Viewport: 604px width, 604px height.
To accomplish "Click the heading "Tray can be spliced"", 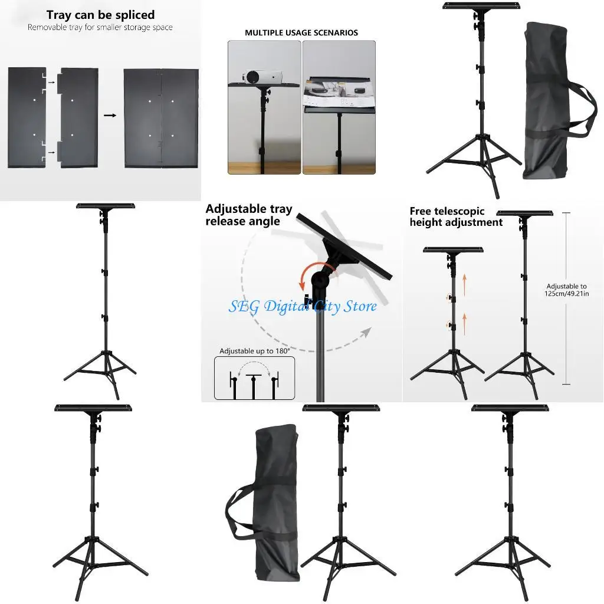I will pyautogui.click(x=100, y=15).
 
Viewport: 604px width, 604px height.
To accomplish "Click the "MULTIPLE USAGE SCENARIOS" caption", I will pyautogui.click(x=301, y=33).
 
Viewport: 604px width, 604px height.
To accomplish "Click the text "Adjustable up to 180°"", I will pyautogui.click(x=254, y=351).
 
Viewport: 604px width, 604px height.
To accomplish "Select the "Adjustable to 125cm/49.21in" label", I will pyautogui.click(x=566, y=289).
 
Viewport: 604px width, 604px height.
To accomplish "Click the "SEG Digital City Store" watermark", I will pyautogui.click(x=303, y=307).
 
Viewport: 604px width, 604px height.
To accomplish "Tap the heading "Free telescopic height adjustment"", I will pyautogui.click(x=456, y=216).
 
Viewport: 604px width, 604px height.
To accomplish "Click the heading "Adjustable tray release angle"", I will pyautogui.click(x=248, y=215).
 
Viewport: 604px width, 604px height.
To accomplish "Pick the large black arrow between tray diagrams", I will pyautogui.click(x=110, y=116).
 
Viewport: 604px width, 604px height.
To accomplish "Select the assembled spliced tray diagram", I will pyautogui.click(x=160, y=118).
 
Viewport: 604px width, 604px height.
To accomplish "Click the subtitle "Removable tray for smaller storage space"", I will pyautogui.click(x=100, y=28).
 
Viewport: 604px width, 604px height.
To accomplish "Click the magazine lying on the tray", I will pyautogui.click(x=336, y=91).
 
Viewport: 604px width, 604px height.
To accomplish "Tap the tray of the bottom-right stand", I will pyautogui.click(x=510, y=408).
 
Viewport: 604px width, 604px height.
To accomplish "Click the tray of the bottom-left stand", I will pyautogui.click(x=93, y=408).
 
